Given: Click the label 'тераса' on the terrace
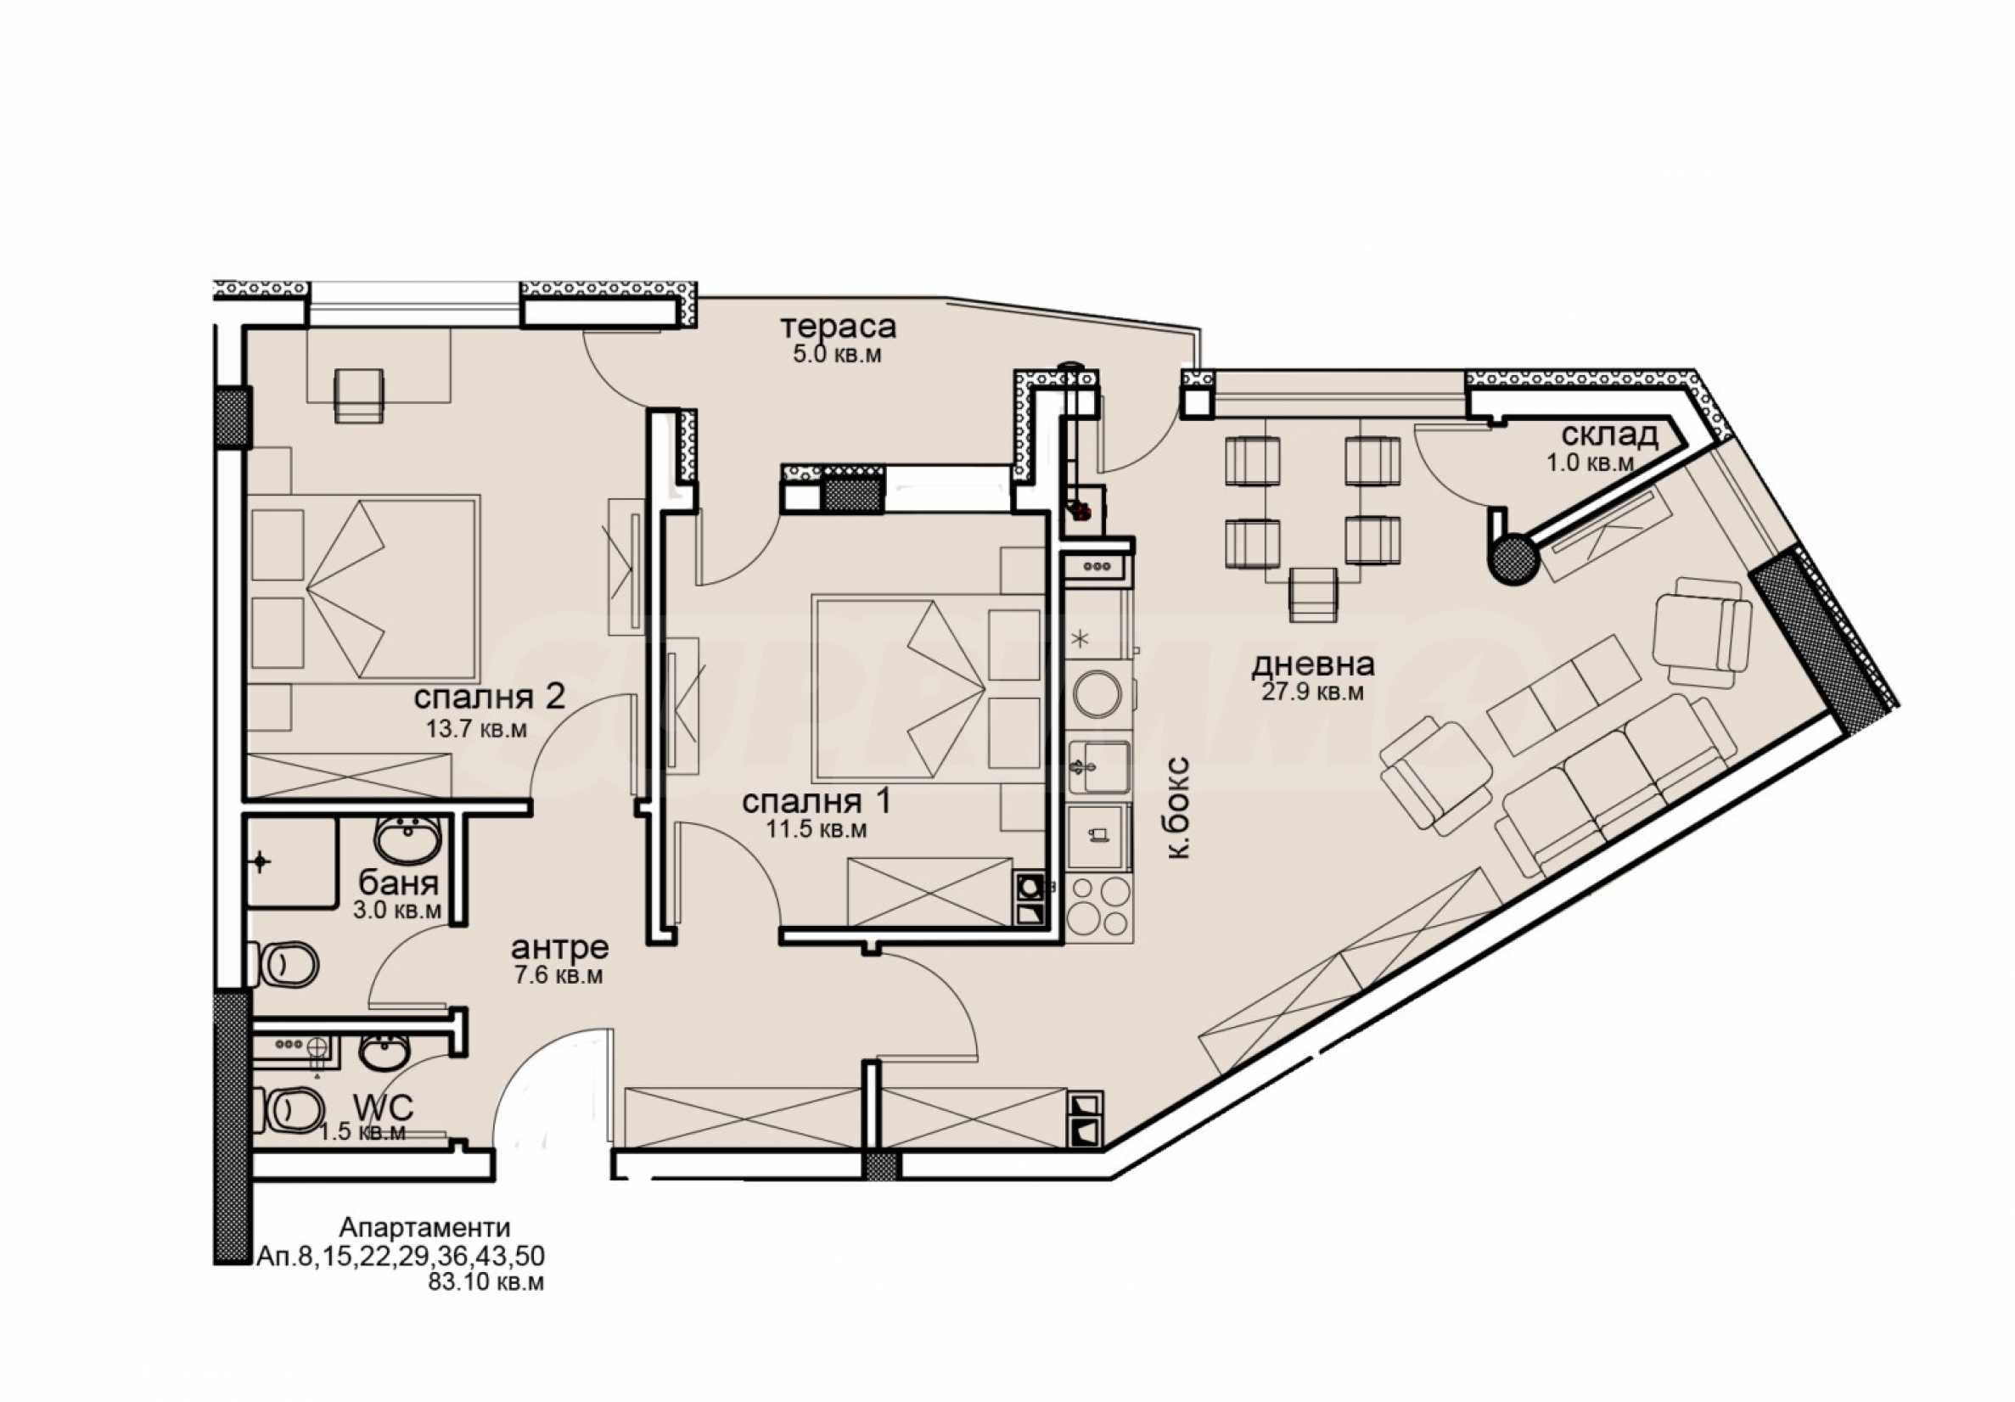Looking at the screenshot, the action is (x=838, y=328).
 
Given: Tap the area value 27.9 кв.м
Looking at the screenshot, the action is (x=1312, y=693).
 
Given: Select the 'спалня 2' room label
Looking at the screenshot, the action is (x=489, y=698).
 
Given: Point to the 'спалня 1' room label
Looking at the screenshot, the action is (x=817, y=802).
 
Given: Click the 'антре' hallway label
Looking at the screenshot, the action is (x=559, y=947).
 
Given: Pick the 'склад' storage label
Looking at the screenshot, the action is (x=1609, y=435).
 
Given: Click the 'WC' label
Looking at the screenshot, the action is (x=383, y=1107).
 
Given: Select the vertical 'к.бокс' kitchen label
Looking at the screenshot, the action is (x=1180, y=806).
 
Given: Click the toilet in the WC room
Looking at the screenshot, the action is (x=287, y=1111).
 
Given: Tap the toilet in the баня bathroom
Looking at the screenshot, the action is (x=283, y=965).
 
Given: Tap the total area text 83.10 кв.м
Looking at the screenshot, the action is (x=486, y=1282).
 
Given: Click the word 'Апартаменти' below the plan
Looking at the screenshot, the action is (x=424, y=1226).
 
